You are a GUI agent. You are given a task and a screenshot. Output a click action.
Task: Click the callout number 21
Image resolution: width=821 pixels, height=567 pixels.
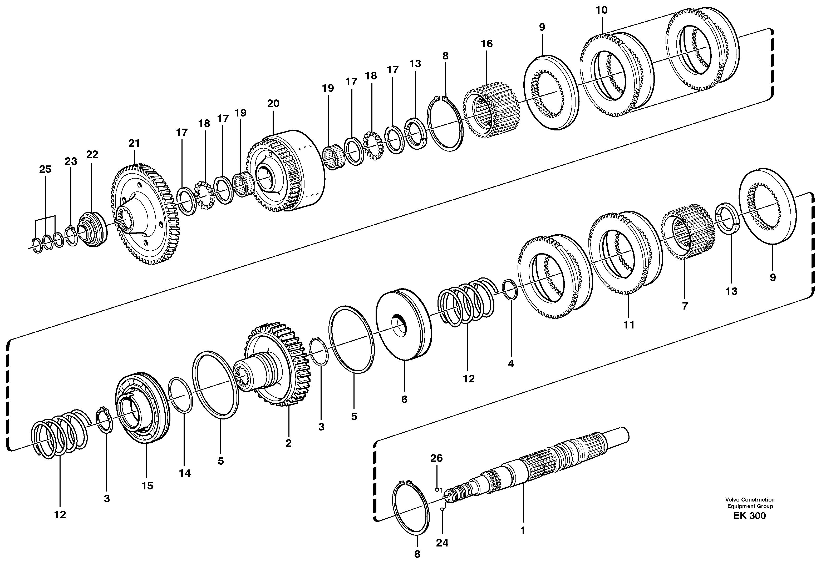coord(134,144)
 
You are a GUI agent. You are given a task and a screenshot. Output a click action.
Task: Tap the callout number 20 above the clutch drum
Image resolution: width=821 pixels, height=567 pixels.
coord(273,104)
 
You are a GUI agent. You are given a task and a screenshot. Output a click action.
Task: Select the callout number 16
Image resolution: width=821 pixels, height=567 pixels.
coord(487,44)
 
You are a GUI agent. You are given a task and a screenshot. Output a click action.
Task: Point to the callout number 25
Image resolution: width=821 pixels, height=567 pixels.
coord(45,169)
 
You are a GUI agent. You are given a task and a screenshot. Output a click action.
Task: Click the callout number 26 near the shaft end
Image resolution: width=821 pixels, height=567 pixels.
coord(436,458)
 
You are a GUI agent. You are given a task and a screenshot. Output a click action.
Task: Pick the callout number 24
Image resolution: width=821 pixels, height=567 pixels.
coord(442,543)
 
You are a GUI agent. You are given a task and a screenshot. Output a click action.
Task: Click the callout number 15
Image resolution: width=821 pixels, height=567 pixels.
coord(147,486)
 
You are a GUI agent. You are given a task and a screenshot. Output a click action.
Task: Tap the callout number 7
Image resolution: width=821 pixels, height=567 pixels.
coord(685,306)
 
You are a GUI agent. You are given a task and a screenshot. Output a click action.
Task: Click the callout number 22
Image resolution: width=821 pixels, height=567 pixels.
coord(92,155)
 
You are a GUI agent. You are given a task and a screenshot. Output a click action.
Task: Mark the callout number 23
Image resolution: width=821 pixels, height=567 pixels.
coord(71,162)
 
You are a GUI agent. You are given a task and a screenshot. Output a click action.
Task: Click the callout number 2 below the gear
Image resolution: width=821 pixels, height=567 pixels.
coord(288,443)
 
